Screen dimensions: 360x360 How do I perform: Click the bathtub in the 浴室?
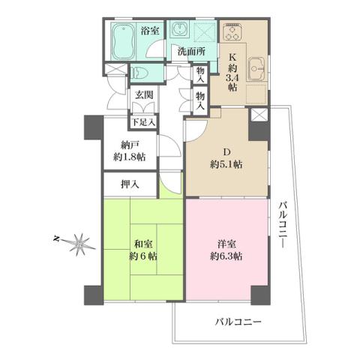[x=121, y=43]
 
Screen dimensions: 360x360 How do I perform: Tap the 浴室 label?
[x=150, y=31]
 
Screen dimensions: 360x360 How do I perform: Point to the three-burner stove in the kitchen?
[x=232, y=32]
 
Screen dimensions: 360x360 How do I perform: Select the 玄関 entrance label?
[x=145, y=95]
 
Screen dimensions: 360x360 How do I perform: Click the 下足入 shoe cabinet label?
[x=144, y=122]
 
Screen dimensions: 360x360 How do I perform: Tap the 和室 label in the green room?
[x=145, y=243]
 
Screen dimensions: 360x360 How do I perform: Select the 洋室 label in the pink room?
[x=226, y=244]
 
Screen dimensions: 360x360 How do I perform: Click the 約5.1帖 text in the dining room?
[x=226, y=165]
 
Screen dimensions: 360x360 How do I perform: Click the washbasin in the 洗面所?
[x=180, y=30]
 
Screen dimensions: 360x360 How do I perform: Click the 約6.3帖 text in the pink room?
[x=226, y=256]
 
